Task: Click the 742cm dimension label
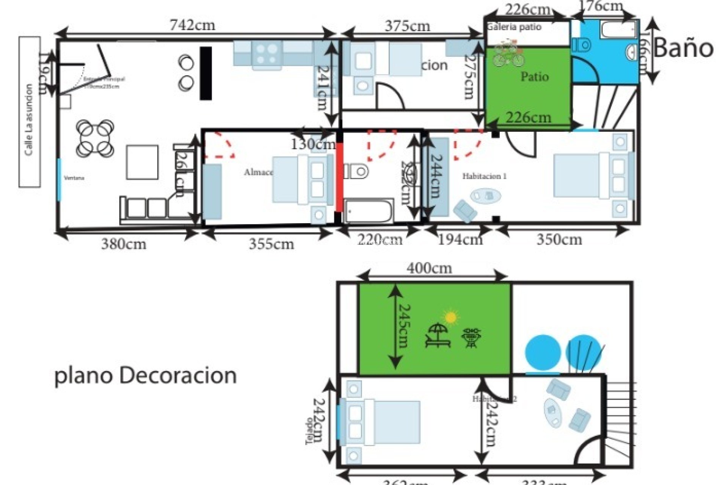click(192, 25)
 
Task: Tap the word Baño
click(683, 48)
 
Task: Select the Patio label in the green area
click(535, 77)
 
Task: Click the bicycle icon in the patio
click(508, 54)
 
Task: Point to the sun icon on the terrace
click(450, 317)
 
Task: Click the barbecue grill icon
click(471, 338)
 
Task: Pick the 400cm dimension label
click(430, 269)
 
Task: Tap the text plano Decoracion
click(146, 376)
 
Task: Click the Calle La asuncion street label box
click(30, 112)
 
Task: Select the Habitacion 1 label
click(484, 176)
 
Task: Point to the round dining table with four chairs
click(95, 139)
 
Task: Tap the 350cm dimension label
click(559, 239)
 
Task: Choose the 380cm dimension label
click(124, 244)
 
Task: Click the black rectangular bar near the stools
click(206, 73)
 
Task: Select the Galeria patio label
click(514, 27)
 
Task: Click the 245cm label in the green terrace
click(403, 326)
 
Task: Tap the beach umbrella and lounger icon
click(438, 335)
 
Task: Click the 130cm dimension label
click(313, 144)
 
